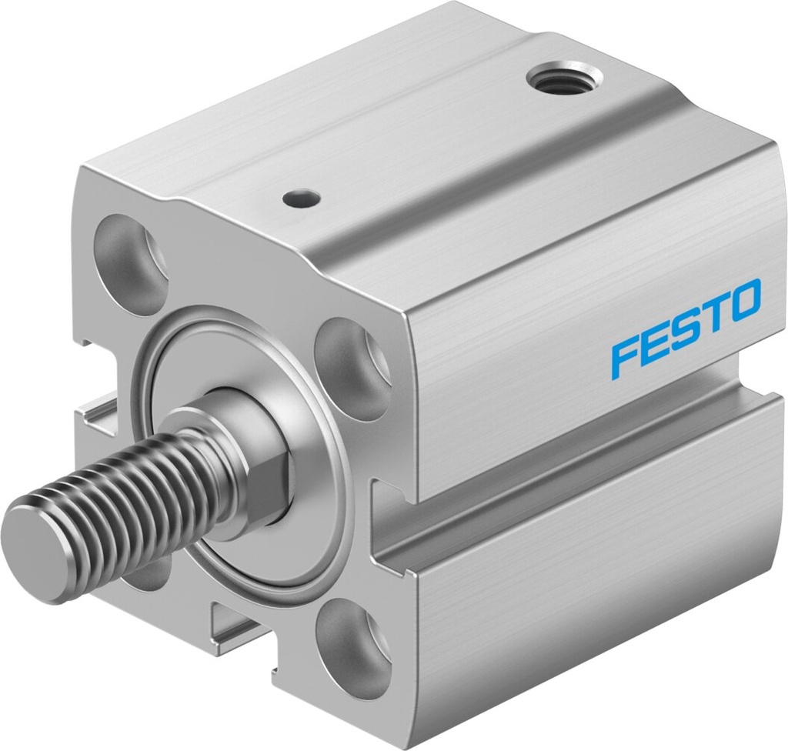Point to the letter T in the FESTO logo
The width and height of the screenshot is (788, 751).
(710, 319)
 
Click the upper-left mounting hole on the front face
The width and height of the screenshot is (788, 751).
(132, 264)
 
